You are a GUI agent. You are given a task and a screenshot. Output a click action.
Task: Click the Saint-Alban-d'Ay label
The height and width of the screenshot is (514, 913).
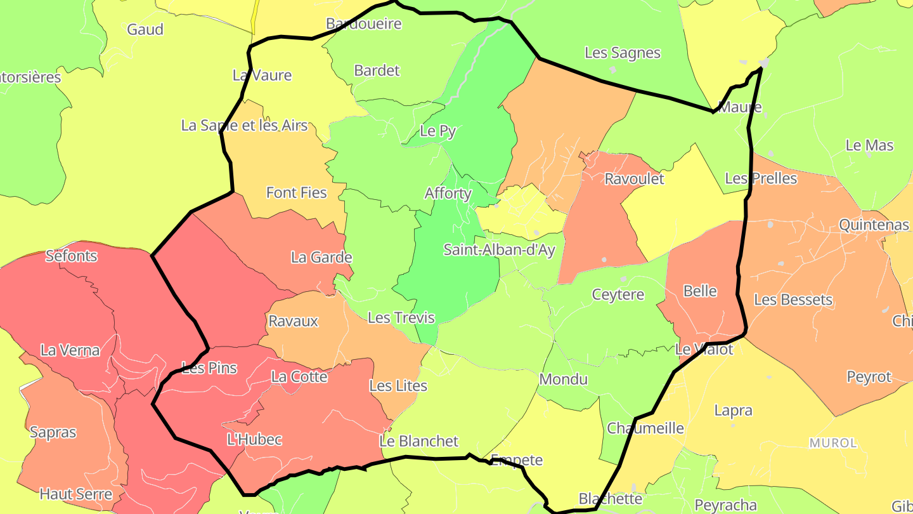coord(499,250)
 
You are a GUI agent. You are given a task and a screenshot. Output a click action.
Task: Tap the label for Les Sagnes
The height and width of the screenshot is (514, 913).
coord(622,53)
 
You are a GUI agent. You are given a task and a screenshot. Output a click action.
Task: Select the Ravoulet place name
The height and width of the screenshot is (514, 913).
coord(634,179)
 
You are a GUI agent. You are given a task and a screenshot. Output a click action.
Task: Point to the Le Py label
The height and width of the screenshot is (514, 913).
coord(438,131)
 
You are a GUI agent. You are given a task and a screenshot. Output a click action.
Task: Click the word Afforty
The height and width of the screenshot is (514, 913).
coord(448,194)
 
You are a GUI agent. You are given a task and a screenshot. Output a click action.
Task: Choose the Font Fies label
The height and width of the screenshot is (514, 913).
coord(296,192)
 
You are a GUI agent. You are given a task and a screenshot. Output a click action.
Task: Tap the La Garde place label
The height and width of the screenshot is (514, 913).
coord(321,257)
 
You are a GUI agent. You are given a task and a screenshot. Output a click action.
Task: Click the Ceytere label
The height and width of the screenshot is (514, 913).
coord(618,294)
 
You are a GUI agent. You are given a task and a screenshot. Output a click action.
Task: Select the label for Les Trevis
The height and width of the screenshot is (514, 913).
coord(401,317)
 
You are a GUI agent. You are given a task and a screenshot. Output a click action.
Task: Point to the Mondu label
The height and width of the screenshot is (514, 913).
coord(563,379)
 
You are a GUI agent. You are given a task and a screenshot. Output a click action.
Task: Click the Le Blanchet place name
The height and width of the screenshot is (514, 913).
coord(419,441)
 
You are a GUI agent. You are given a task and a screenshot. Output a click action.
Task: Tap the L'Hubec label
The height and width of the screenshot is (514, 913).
coord(254,439)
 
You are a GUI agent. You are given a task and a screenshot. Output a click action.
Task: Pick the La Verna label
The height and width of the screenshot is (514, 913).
coord(70,350)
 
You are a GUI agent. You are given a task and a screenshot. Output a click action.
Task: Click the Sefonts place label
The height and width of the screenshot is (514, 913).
coord(72,256)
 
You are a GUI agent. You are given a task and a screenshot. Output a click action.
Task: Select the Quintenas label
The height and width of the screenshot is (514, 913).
coord(874,225)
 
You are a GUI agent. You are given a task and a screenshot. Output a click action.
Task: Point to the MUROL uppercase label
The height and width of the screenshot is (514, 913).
coord(833,442)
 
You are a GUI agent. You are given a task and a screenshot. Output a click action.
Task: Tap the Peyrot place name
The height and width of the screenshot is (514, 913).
coord(869,377)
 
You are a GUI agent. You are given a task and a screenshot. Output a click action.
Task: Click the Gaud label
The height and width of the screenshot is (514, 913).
coord(145,29)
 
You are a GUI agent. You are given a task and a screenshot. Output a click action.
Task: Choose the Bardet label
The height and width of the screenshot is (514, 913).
coord(377,70)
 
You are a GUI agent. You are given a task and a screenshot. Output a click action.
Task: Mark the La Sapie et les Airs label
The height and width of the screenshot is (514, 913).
coord(244,125)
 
